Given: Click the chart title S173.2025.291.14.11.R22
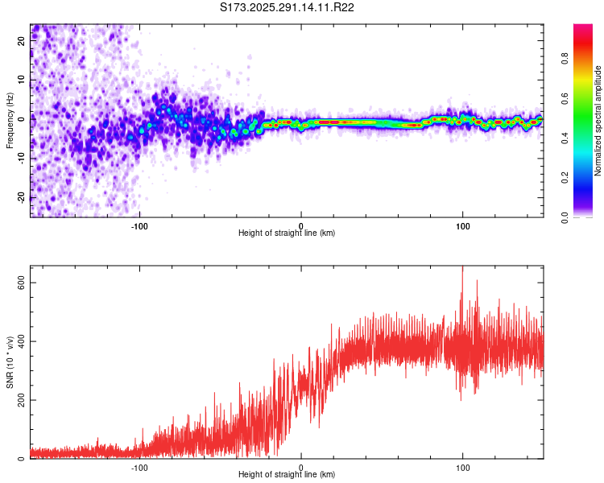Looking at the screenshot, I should (288, 7).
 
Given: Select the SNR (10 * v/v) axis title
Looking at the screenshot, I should (10, 362).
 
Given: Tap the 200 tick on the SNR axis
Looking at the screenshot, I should (22, 400).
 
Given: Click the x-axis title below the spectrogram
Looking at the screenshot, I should (287, 233).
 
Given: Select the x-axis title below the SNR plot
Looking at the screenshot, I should (287, 476).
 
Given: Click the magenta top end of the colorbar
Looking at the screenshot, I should (583, 28).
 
